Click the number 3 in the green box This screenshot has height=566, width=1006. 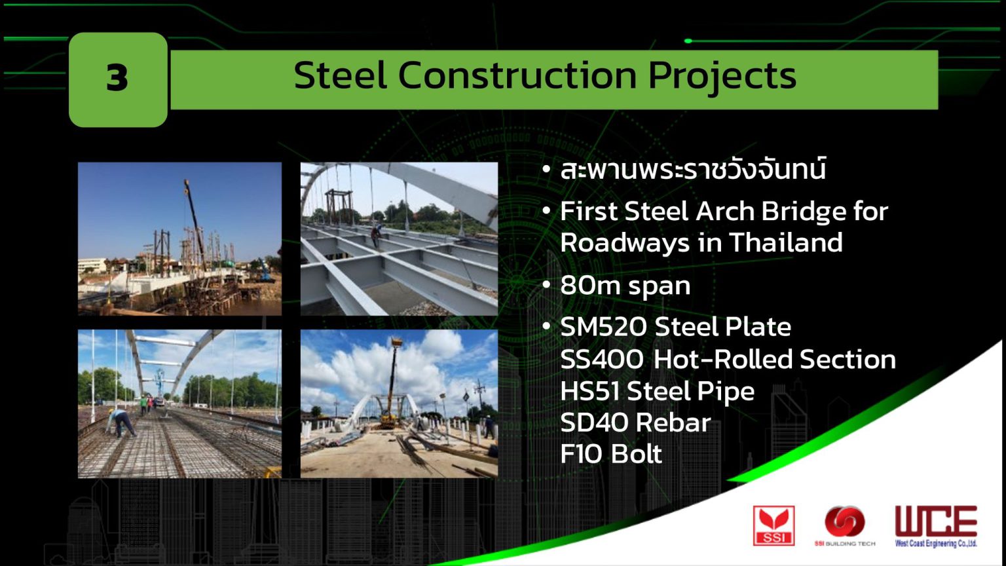pyautogui.click(x=117, y=78)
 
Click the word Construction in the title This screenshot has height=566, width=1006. pyautogui.click(x=517, y=75)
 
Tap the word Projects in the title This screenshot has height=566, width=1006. pyautogui.click(x=722, y=75)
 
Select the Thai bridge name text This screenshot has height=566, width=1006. pyautogui.click(x=692, y=170)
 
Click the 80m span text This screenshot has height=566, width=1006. pyautogui.click(x=625, y=286)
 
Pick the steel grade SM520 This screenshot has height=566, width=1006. pyautogui.click(x=603, y=327)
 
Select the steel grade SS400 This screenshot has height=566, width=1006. pyautogui.click(x=601, y=359)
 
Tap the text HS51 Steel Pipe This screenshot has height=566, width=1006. pyautogui.click(x=657, y=391)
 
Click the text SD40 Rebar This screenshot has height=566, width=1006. pyautogui.click(x=635, y=423)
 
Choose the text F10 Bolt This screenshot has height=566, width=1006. pyautogui.click(x=610, y=454)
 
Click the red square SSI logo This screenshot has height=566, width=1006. pyautogui.click(x=773, y=525)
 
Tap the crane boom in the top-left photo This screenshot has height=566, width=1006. pyautogui.click(x=195, y=216)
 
